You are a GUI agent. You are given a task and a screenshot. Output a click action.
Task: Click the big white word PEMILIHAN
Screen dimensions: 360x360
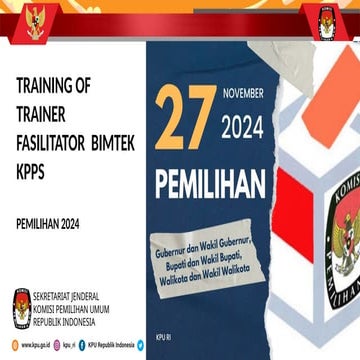click(x=210, y=184)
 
